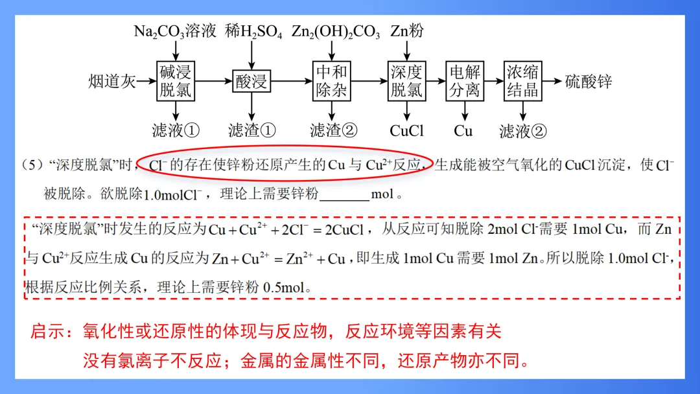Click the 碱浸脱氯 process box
(x=176, y=81)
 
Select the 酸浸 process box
(x=251, y=82)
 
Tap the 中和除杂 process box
(x=331, y=81)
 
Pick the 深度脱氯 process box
(x=406, y=81)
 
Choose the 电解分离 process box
(x=464, y=81)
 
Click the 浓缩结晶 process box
(x=522, y=81)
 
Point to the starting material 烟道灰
(x=112, y=82)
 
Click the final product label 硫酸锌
(x=588, y=82)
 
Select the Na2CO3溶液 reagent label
(x=175, y=31)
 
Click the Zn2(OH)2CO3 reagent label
(x=336, y=31)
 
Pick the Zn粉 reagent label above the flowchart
(x=406, y=31)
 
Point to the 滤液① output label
(x=176, y=130)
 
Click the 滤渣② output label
(x=334, y=130)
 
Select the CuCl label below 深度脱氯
(x=406, y=130)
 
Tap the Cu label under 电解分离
(x=463, y=130)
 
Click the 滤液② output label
(x=522, y=131)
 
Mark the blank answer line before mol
(x=344, y=194)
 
